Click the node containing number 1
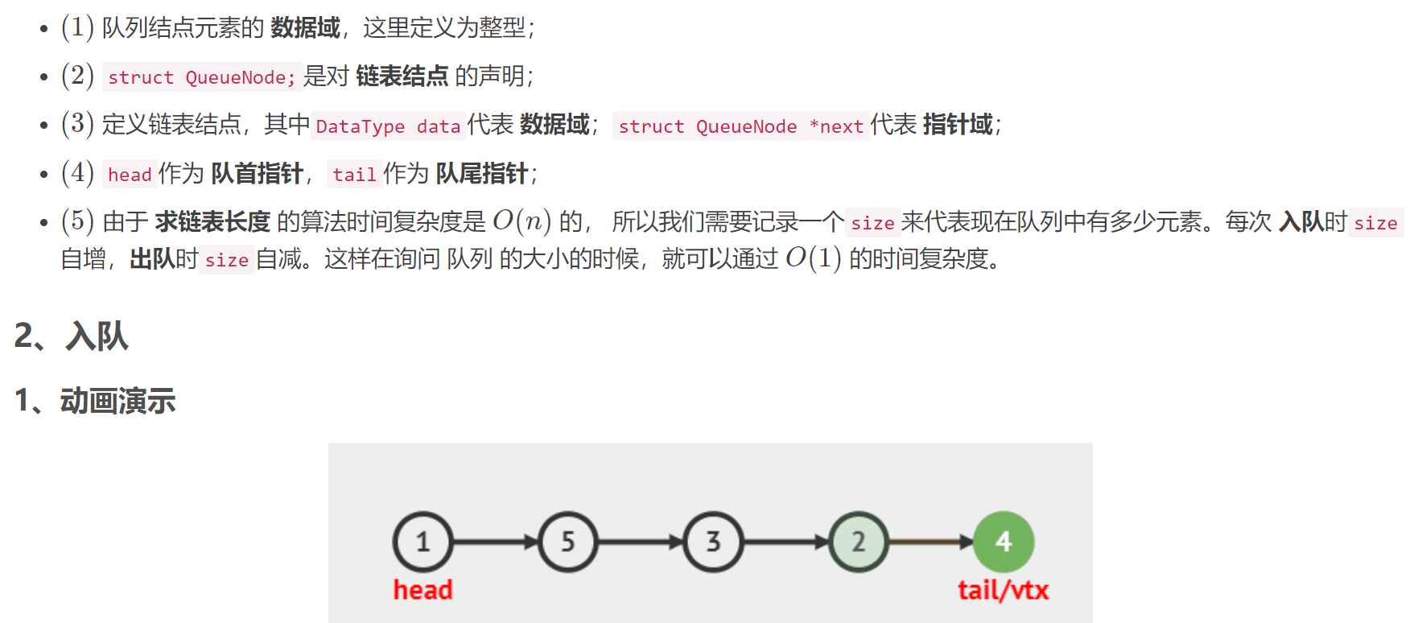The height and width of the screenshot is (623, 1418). click(x=423, y=542)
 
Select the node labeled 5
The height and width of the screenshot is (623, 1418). click(x=568, y=542)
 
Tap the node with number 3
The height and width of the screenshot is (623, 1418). click(x=713, y=542)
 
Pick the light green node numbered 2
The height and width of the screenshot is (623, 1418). click(x=859, y=542)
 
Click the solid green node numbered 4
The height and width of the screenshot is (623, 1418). click(x=1004, y=542)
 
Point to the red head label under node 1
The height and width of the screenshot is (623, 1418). click(x=423, y=590)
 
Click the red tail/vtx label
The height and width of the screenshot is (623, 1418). click(x=1003, y=590)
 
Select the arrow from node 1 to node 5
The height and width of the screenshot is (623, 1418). click(x=495, y=542)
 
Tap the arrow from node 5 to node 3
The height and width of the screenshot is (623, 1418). click(x=641, y=542)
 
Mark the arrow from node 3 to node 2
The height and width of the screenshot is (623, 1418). click(x=785, y=542)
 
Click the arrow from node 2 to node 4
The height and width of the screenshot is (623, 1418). click(x=931, y=542)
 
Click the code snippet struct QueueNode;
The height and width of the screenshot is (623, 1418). click(x=202, y=77)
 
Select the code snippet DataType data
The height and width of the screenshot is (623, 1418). click(x=388, y=126)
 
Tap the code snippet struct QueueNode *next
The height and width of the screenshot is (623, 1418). click(x=740, y=126)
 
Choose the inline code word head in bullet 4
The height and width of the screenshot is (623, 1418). click(x=130, y=175)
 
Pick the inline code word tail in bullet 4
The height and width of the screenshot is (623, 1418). click(x=354, y=175)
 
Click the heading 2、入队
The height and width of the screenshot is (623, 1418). click(x=72, y=336)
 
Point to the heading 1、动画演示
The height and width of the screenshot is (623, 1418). click(x=95, y=400)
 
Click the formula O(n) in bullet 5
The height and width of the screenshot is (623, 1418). click(x=522, y=221)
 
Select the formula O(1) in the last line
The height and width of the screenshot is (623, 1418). click(x=814, y=258)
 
